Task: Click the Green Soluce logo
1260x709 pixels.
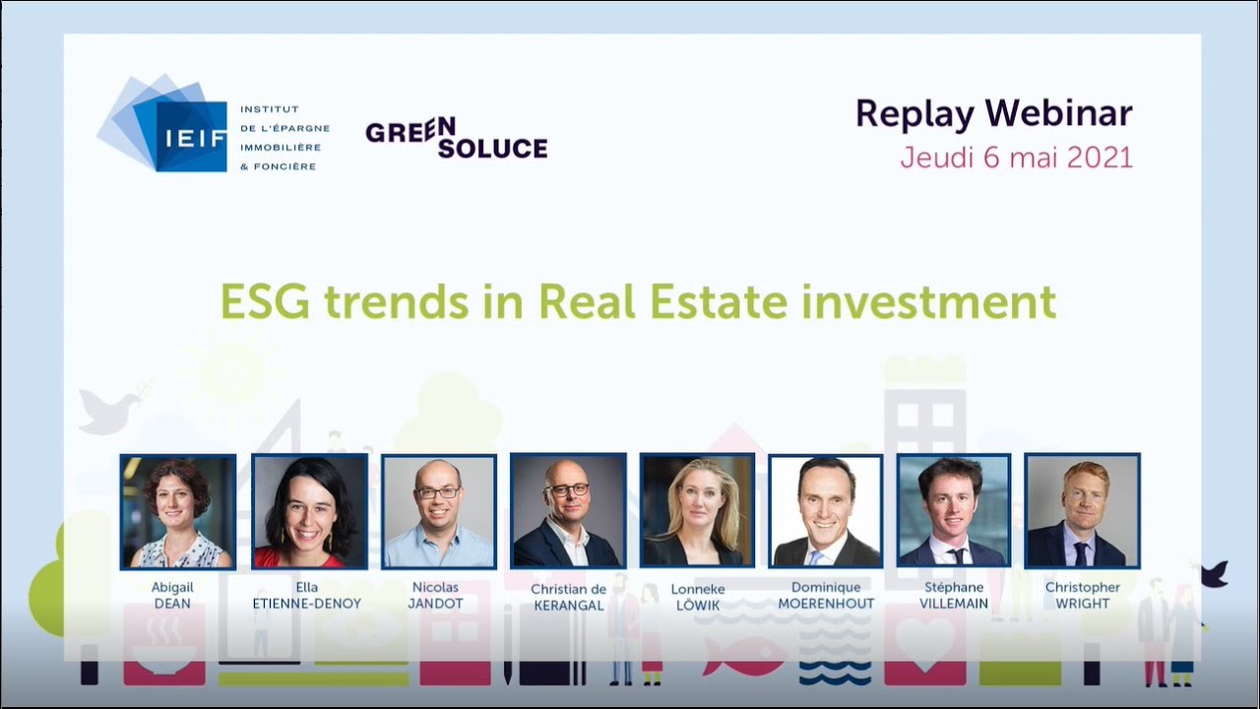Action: [x=456, y=138]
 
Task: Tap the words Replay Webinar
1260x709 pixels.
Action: [x=993, y=114]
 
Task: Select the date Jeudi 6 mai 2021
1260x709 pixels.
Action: [x=1016, y=158]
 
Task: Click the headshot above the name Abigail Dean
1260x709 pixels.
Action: [x=178, y=512]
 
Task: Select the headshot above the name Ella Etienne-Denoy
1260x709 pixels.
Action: [x=309, y=512]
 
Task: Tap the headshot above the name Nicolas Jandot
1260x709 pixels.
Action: [x=438, y=512]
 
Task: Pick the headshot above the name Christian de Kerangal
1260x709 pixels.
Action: [x=568, y=511]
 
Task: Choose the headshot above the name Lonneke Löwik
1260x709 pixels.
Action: [x=697, y=511]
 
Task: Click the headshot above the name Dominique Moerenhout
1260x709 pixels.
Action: [x=825, y=512]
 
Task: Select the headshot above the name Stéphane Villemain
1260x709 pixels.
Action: [x=954, y=512]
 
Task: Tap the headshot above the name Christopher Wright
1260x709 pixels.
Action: [x=1082, y=511]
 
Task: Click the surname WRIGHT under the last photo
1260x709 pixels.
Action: [x=1082, y=604]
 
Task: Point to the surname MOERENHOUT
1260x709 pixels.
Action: [x=826, y=604]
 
